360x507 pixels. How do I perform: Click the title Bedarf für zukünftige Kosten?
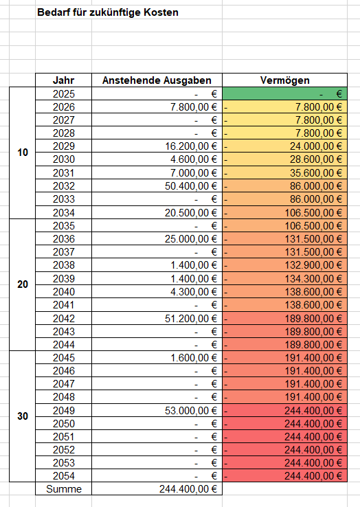(108, 12)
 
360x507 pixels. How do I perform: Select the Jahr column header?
(63, 80)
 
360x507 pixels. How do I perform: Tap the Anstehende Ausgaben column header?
(157, 80)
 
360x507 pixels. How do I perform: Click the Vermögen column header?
(285, 80)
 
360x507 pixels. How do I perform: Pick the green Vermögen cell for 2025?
(285, 93)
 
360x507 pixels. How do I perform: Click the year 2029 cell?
(63, 146)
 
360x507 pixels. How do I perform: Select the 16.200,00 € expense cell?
(157, 146)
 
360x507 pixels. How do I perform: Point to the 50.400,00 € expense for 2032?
(157, 186)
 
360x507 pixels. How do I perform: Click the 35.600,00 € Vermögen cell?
(285, 173)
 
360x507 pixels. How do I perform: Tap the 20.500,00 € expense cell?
(157, 212)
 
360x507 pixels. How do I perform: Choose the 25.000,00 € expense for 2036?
(157, 239)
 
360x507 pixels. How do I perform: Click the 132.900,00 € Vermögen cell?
(285, 265)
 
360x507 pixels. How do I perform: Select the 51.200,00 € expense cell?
(157, 318)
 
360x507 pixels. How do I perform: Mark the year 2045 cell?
(63, 358)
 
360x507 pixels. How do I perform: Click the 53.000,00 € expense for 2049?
(157, 410)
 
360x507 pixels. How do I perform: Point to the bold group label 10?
(23, 153)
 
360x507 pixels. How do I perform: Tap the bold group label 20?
(23, 284)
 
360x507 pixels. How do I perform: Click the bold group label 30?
(23, 416)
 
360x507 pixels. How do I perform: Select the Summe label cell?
(63, 489)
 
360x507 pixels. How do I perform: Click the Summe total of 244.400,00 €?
(157, 489)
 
